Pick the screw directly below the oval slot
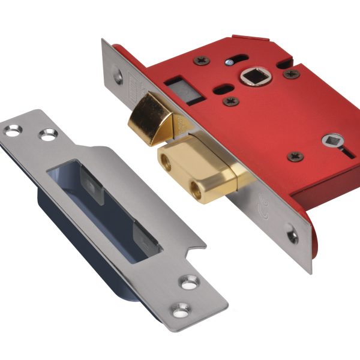(x=230, y=102)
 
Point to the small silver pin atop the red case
(x=229, y=62)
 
